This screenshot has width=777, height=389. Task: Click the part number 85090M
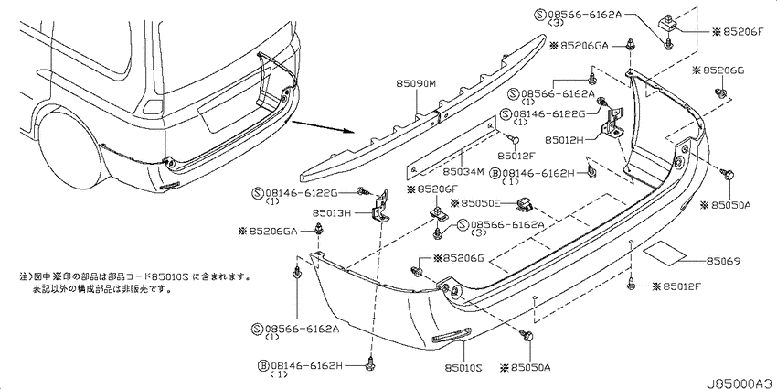coord(415,85)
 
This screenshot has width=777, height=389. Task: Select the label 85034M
coord(463,172)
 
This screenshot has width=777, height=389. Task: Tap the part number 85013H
coord(331,214)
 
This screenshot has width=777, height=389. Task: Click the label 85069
coord(723,261)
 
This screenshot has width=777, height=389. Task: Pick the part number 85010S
coord(464,368)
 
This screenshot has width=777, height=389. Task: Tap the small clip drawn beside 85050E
coord(525,202)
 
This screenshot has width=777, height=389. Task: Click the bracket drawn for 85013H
coord(380,208)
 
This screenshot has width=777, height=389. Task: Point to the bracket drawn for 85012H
coord(613,122)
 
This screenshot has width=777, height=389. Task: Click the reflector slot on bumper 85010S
coord(451,338)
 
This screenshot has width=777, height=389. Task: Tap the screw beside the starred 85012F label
coord(632,284)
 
